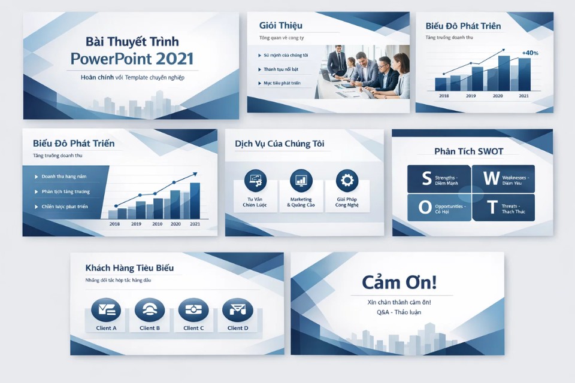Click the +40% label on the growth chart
[530, 53]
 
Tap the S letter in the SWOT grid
[426, 178]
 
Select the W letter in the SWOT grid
[491, 178]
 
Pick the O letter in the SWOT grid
[425, 207]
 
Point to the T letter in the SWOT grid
[491, 207]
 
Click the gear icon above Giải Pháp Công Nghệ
[347, 180]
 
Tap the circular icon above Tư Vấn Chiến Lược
[255, 180]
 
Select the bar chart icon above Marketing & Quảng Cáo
[301, 180]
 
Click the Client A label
[106, 328]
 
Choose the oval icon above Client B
[150, 309]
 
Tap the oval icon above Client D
[237, 309]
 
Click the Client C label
[193, 328]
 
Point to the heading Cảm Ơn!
[399, 283]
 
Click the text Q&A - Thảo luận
[399, 312]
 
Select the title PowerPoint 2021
[132, 59]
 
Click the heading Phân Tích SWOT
[468, 151]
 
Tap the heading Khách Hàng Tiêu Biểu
[129, 268]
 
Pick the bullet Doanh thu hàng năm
[64, 177]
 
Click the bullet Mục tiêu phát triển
[282, 83]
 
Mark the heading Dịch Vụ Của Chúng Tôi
[279, 144]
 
